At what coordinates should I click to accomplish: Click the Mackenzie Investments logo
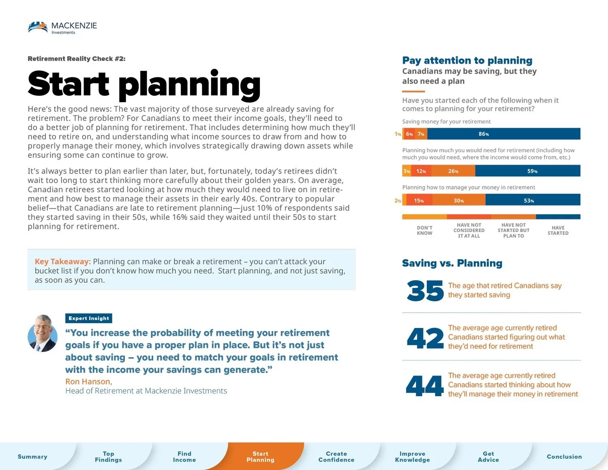click(62, 28)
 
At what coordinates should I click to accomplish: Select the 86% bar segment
click(503, 134)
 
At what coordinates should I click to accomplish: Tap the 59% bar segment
click(527, 171)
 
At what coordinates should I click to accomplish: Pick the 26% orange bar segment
click(453, 171)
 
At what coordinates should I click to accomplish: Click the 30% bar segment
click(458, 200)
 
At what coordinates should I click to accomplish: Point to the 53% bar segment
click(533, 200)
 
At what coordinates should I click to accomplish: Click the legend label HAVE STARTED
click(558, 230)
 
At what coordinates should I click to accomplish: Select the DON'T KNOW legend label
click(424, 230)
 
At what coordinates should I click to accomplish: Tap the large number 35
click(425, 291)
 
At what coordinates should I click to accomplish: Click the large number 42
click(425, 338)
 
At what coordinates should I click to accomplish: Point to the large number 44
click(425, 386)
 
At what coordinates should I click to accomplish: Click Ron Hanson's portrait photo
click(43, 333)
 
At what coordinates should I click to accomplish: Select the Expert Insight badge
click(89, 318)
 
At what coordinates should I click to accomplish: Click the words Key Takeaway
click(62, 262)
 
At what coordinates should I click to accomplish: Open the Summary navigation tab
click(32, 457)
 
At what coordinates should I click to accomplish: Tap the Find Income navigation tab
click(184, 457)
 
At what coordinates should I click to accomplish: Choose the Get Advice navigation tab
click(488, 457)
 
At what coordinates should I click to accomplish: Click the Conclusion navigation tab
click(564, 457)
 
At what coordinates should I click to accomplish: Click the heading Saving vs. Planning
click(452, 263)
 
